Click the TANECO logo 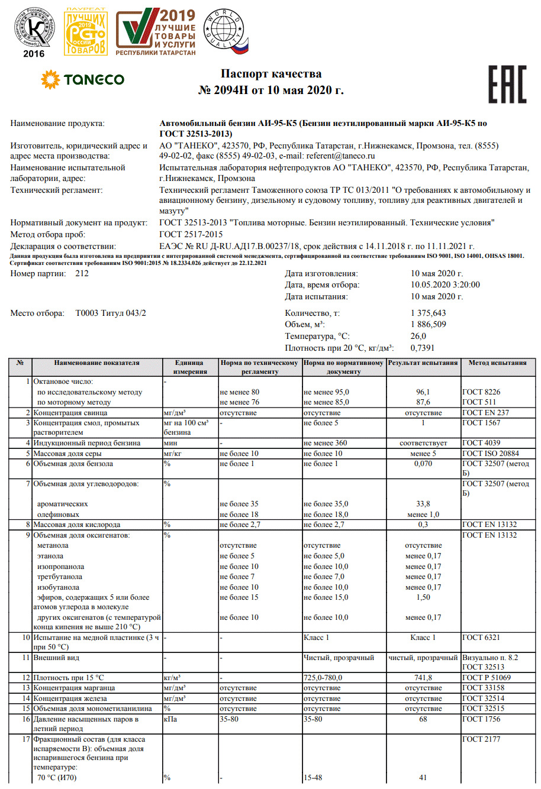[x=82, y=79]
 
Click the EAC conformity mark [x=507, y=84]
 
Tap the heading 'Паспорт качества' [x=271, y=74]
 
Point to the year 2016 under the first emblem [x=34, y=54]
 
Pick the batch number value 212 [x=82, y=274]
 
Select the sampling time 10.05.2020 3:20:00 [x=445, y=285]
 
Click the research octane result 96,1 [x=423, y=392]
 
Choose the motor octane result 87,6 [x=423, y=402]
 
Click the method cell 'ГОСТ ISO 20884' [x=490, y=454]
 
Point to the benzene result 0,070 [x=423, y=464]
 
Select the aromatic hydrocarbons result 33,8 [x=423, y=504]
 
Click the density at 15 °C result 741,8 [x=423, y=677]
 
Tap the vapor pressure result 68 [x=423, y=719]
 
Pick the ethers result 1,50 [x=423, y=597]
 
